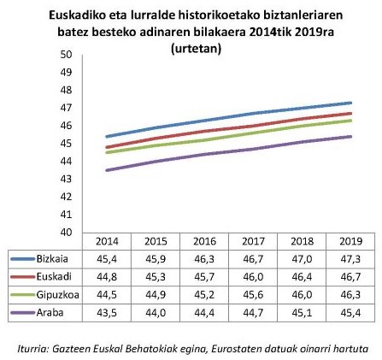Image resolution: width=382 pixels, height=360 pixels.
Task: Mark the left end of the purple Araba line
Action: (105, 170)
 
